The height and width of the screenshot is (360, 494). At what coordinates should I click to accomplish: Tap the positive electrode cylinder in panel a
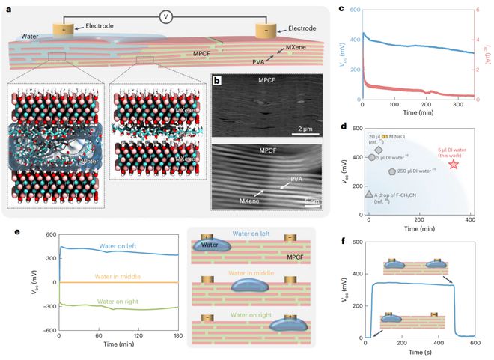(64, 31)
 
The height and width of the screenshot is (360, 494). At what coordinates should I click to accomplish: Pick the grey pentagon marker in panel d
(392, 171)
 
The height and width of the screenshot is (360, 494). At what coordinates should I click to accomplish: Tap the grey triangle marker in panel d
(368, 195)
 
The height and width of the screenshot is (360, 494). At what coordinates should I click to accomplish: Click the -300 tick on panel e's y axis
(46, 306)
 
